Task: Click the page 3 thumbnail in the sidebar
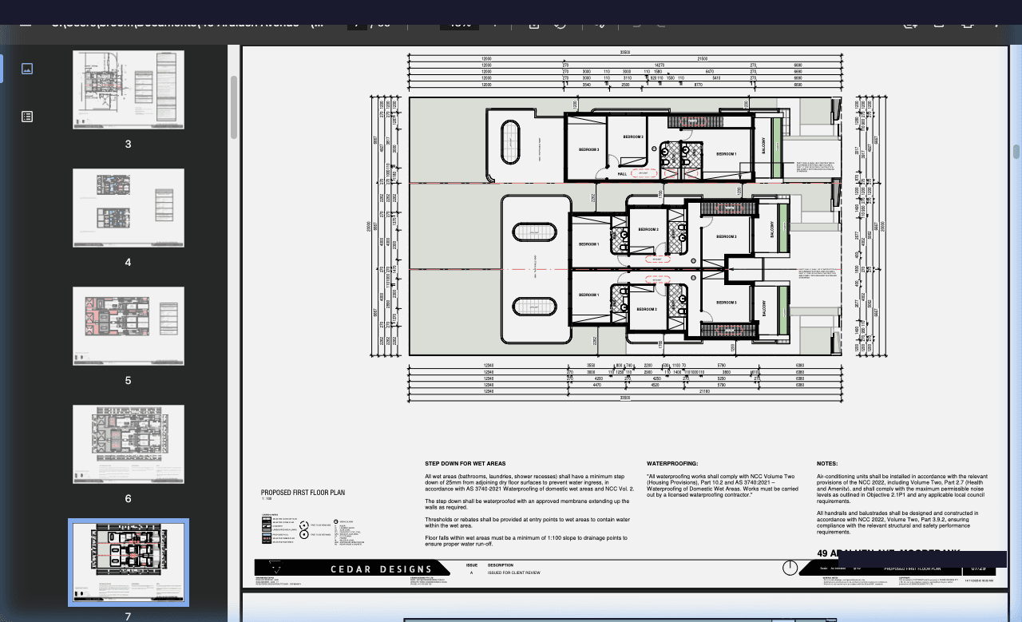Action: tap(129, 89)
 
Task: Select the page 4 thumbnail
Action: tap(129, 208)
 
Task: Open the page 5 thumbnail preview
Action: tap(129, 326)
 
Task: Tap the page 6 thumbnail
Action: tap(129, 444)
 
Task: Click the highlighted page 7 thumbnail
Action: tap(129, 562)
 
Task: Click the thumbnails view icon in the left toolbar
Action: tap(27, 69)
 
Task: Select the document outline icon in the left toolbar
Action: tap(27, 117)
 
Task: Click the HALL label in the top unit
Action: tap(623, 174)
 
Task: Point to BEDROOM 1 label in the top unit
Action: tap(726, 153)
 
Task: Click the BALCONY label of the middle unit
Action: tap(772, 229)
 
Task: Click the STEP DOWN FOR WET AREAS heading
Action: tap(465, 464)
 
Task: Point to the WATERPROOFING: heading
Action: tap(672, 464)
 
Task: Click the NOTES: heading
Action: tap(827, 464)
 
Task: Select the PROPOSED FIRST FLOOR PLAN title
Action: tap(303, 493)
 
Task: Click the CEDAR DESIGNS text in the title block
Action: tap(371, 569)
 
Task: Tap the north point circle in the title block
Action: tap(790, 568)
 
